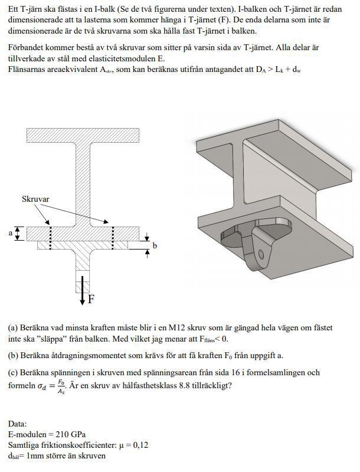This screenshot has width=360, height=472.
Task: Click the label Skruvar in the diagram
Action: coord(35,199)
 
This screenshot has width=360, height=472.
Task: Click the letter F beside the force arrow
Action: coord(91,299)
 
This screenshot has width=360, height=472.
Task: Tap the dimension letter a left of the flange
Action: coord(10,233)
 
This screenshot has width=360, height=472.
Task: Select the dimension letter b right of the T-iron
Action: coord(155,245)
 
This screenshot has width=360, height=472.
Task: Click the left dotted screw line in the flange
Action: coord(51,234)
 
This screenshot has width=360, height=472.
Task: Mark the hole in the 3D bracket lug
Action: coord(261,255)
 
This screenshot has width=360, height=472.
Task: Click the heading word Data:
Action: coord(18,424)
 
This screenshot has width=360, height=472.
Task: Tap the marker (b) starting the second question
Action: coord(13,356)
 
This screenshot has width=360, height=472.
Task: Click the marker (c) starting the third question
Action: coord(13,373)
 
